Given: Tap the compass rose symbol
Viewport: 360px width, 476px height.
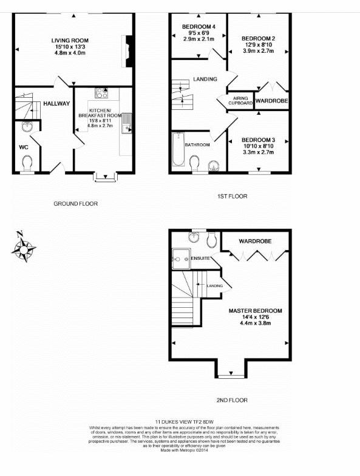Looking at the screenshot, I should [x=24, y=247].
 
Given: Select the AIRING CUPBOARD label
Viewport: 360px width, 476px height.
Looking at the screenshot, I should [x=240, y=101].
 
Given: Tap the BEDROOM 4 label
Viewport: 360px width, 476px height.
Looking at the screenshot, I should [x=199, y=27].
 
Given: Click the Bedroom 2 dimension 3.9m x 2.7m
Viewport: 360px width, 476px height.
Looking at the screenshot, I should [x=258, y=52].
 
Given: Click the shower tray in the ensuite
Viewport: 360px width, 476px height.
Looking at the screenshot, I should [x=180, y=259].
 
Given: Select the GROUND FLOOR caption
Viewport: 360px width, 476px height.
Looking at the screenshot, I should [x=75, y=203].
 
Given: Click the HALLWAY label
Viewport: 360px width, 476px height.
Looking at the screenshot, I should [x=56, y=104].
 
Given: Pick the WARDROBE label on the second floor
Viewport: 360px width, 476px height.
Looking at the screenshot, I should [x=254, y=241].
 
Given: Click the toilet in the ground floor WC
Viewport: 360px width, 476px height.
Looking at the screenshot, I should [x=27, y=164].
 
